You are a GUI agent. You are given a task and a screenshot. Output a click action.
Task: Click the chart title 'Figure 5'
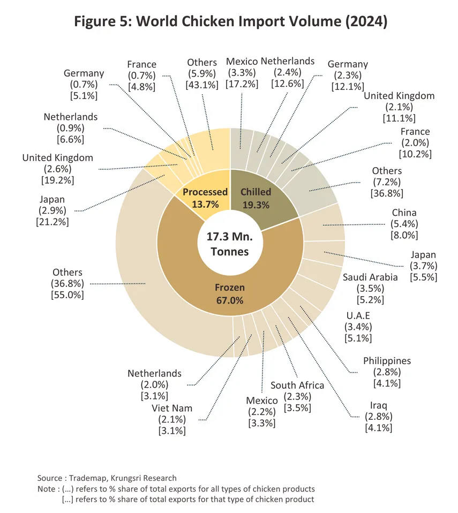pyautogui.click(x=229, y=22)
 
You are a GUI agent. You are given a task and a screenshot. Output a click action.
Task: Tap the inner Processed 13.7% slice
pyautogui.click(x=205, y=197)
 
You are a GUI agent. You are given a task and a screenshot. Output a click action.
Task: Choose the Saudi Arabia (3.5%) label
pyautogui.click(x=370, y=288)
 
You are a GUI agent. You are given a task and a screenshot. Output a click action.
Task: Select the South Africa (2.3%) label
pyautogui.click(x=297, y=396)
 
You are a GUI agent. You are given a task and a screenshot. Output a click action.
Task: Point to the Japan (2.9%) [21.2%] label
pyautogui.click(x=54, y=209)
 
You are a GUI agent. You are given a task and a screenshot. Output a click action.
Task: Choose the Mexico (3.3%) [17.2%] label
pyautogui.click(x=242, y=73)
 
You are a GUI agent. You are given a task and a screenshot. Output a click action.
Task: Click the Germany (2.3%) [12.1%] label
pyautogui.click(x=348, y=75)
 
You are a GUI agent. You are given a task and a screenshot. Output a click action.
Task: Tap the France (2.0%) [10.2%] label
pyautogui.click(x=415, y=142)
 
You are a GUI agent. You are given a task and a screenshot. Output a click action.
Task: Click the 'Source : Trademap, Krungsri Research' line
pyautogui.click(x=107, y=478)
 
